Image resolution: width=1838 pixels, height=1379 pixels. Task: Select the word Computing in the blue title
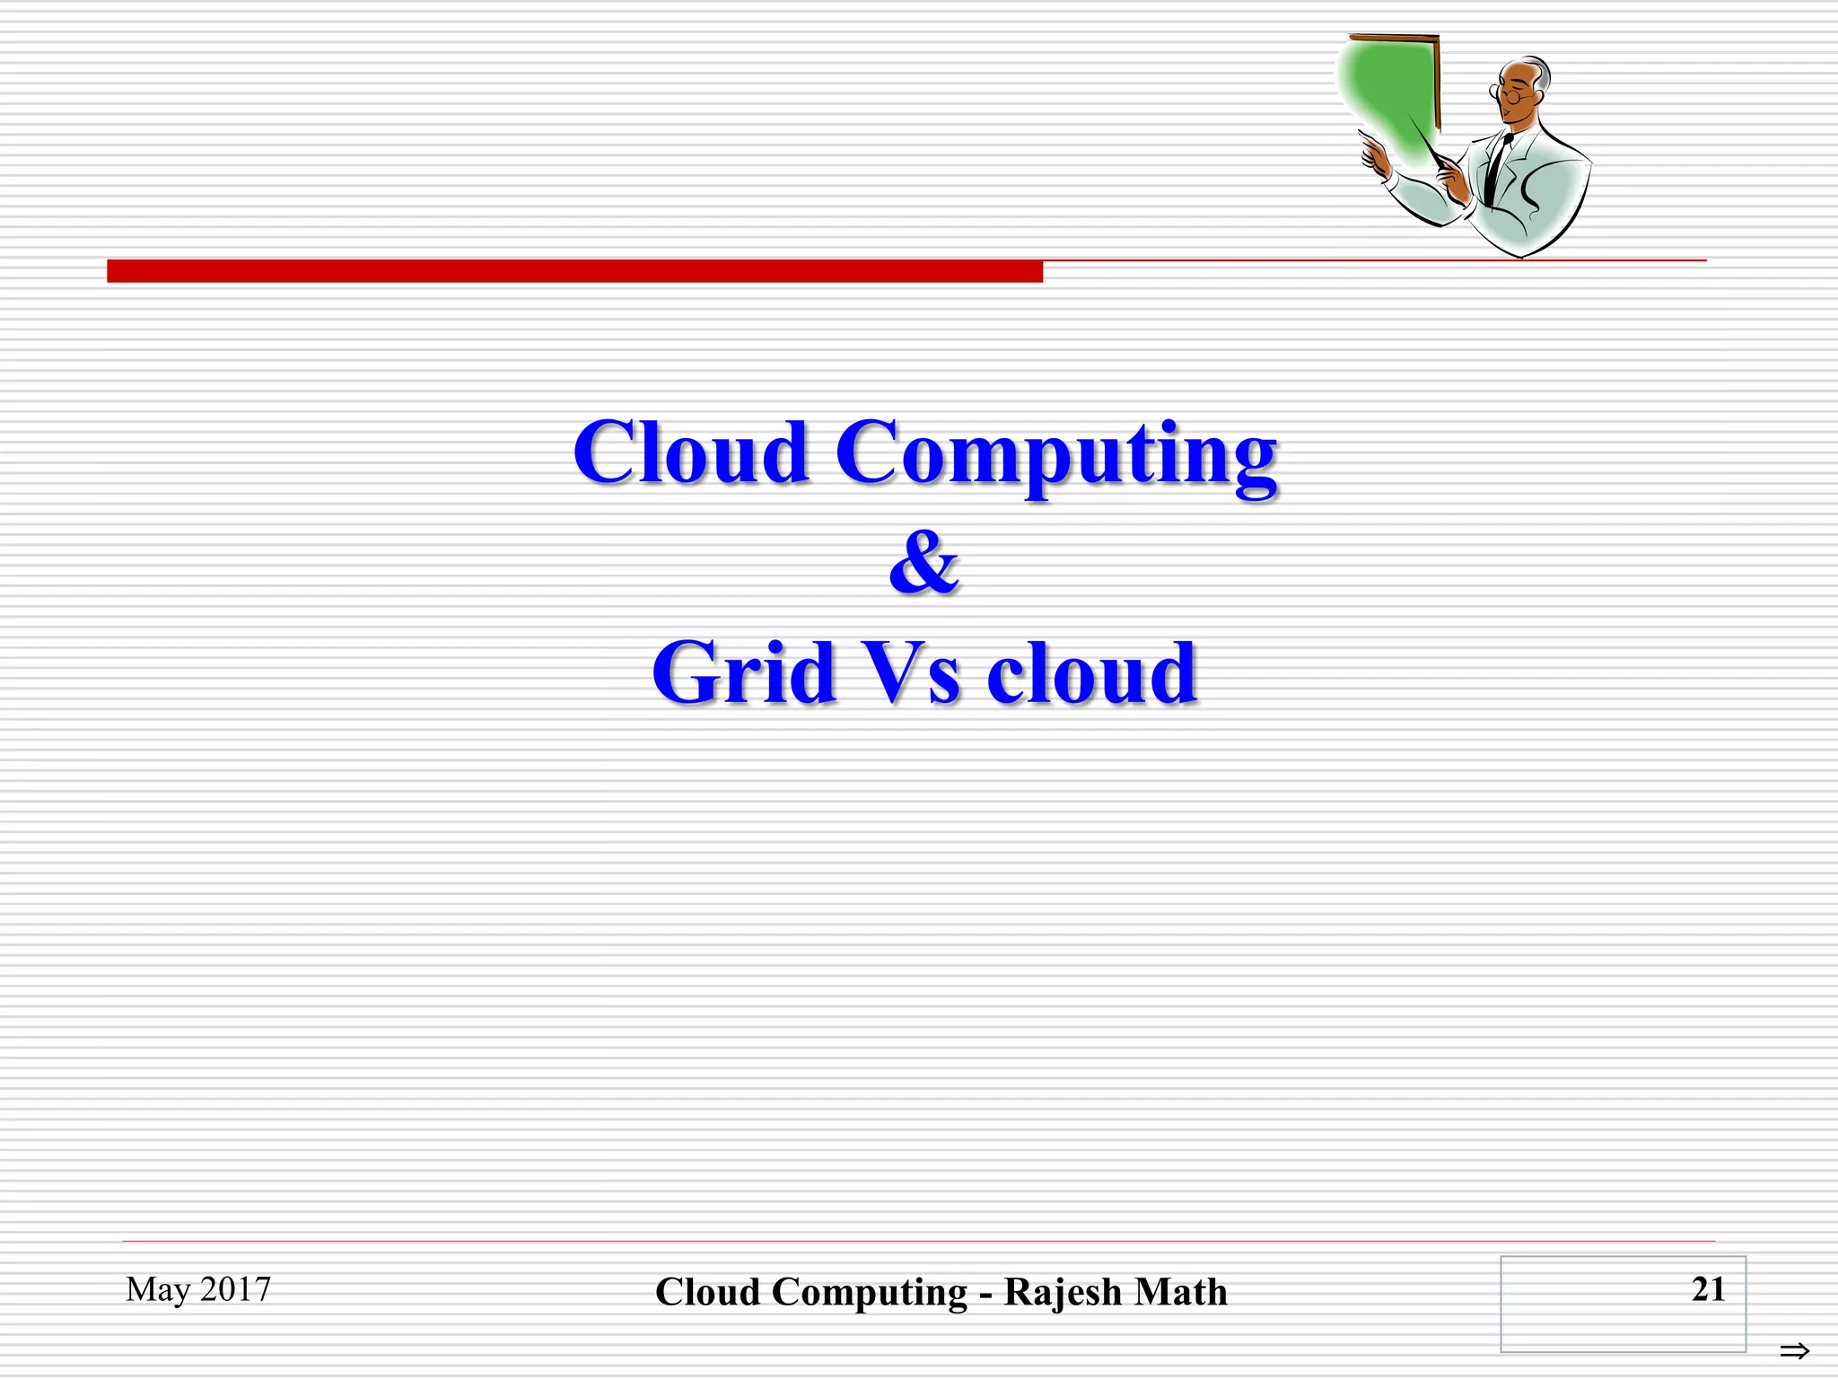point(1056,454)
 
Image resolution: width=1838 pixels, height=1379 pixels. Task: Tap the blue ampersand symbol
point(924,563)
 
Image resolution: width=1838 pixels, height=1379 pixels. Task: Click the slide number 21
point(1708,1289)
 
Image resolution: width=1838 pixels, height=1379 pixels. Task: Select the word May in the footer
point(158,1290)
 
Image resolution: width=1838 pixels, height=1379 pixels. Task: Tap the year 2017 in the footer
point(235,1289)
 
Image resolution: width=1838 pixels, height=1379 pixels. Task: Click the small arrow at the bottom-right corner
point(1794,1350)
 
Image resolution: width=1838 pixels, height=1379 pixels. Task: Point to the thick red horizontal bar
point(574,271)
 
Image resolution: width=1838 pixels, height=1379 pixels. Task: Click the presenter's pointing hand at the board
point(1373,154)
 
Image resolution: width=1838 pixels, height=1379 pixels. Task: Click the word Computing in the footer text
point(869,1293)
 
